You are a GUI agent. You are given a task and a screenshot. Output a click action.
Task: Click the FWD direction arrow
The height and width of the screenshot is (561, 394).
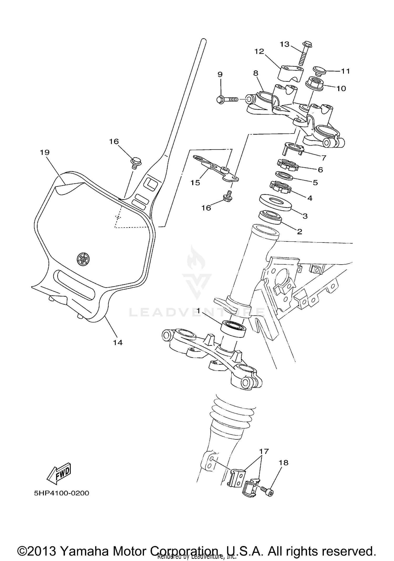pos(59,474)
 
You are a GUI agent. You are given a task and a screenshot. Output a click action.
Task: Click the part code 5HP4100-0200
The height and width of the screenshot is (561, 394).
pos(61,493)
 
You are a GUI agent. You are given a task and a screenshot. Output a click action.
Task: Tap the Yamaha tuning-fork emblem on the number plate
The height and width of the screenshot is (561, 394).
pos(84,259)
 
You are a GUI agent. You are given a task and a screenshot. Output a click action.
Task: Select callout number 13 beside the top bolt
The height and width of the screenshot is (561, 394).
pos(284,44)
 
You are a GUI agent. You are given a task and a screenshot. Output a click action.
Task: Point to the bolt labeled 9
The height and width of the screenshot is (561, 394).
pos(227,100)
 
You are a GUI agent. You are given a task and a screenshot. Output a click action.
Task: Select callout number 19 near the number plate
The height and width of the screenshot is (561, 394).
pos(45,152)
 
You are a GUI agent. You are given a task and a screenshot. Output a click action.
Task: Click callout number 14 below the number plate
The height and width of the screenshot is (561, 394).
pos(118,342)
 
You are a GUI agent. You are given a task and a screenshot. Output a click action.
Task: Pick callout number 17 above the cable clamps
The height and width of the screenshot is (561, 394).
pos(264,451)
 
